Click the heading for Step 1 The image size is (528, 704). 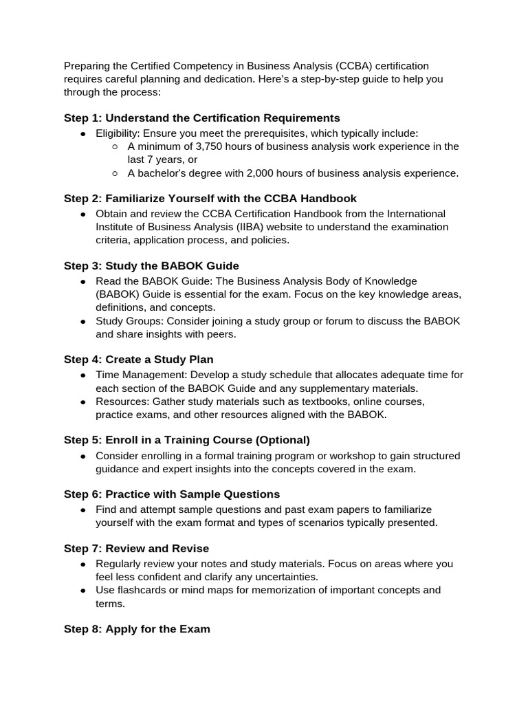tap(201, 118)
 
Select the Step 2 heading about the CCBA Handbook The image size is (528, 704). tap(210, 199)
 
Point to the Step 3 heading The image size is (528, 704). tap(151, 265)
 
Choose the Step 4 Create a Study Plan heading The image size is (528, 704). tap(138, 359)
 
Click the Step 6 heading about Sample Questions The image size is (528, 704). tap(172, 494)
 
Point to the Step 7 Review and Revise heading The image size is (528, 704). tap(136, 548)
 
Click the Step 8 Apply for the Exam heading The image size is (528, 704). tap(137, 628)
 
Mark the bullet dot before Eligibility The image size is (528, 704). tap(83, 133)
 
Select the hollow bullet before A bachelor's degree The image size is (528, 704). tap(115, 174)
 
